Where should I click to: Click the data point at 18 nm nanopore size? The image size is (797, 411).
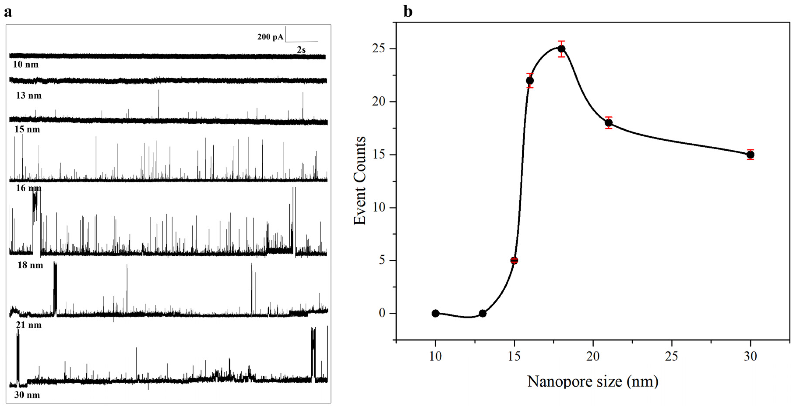coord(562,49)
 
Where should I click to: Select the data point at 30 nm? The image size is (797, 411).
coord(750,155)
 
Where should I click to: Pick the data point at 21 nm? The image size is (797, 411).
coord(609,123)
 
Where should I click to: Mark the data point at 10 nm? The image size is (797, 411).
coord(435,313)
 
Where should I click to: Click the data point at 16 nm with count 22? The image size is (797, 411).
coord(530,81)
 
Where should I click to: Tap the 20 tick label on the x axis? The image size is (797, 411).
coord(593,356)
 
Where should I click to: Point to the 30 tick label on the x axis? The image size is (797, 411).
coord(750,356)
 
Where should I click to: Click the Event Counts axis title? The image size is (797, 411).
coord(360,181)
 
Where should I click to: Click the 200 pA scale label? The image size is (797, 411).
coord(270,37)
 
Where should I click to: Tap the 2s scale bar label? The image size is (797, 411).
coord(301,50)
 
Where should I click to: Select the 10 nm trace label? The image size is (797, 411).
coord(26,64)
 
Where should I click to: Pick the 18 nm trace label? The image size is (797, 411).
coord(30,265)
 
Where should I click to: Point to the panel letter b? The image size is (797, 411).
coord(408,12)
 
